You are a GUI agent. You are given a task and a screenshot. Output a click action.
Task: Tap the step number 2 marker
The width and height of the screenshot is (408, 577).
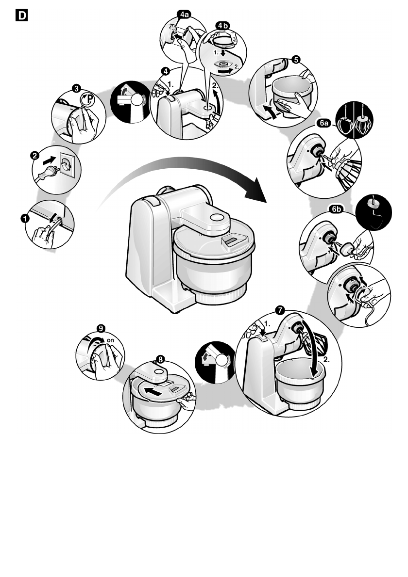(35, 156)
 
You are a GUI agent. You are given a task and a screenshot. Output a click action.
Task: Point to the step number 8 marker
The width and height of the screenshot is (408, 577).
(160, 359)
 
